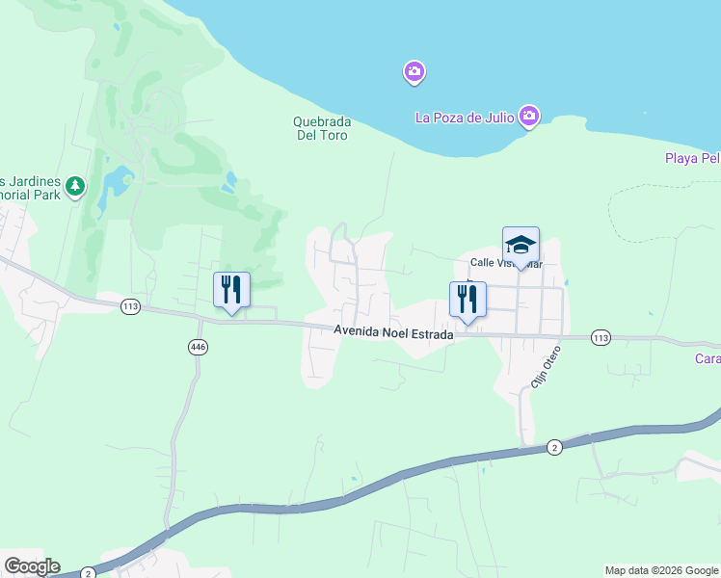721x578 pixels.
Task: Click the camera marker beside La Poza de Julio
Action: (528, 118)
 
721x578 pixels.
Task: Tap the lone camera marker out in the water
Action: (414, 72)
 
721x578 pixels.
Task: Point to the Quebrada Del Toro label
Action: (321, 128)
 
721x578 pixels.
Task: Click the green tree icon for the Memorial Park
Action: (75, 185)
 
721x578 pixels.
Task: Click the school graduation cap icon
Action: (521, 245)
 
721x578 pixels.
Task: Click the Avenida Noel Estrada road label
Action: (393, 330)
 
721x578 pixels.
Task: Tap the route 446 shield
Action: (199, 347)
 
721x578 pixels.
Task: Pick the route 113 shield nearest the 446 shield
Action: (131, 306)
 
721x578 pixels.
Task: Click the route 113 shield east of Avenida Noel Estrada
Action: (601, 337)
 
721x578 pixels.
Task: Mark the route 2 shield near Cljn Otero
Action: (554, 447)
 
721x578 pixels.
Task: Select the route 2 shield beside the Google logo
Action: (88, 572)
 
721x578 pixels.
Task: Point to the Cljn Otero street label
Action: (545, 367)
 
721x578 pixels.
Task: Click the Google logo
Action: (32, 566)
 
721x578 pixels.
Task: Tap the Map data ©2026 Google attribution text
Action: (661, 570)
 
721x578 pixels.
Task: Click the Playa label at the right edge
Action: (692, 158)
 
